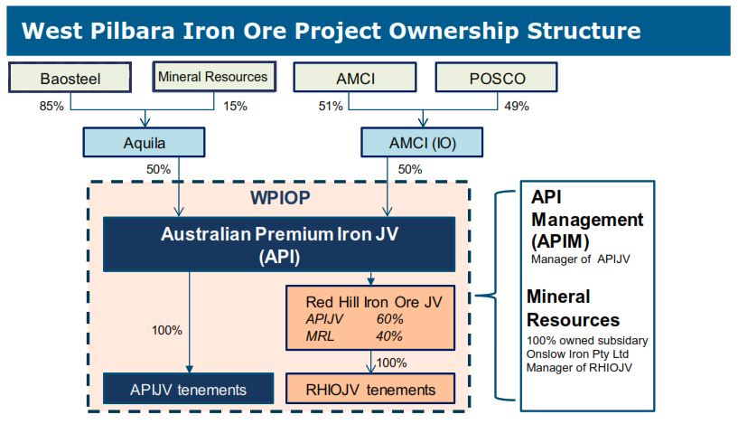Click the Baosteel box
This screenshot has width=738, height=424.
(70, 78)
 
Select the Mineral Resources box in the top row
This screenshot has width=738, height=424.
(214, 76)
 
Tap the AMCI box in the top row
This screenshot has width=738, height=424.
(355, 78)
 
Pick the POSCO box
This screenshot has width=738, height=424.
(497, 78)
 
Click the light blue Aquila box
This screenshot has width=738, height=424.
(144, 142)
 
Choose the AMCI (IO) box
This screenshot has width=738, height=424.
(422, 142)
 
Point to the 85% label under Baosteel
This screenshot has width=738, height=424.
(51, 106)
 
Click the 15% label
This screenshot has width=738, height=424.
(235, 106)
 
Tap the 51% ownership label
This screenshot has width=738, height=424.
(331, 106)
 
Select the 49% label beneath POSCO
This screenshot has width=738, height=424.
(517, 106)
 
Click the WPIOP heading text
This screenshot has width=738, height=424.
(280, 198)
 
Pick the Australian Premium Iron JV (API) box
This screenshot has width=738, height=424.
(279, 244)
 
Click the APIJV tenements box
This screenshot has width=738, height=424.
(188, 389)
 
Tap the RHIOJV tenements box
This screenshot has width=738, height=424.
(370, 389)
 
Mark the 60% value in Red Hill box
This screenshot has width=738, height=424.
(389, 319)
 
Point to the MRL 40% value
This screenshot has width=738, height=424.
(389, 336)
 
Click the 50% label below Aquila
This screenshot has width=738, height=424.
(159, 169)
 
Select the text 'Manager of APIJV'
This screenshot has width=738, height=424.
(580, 259)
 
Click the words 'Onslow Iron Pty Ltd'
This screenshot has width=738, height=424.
(577, 353)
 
